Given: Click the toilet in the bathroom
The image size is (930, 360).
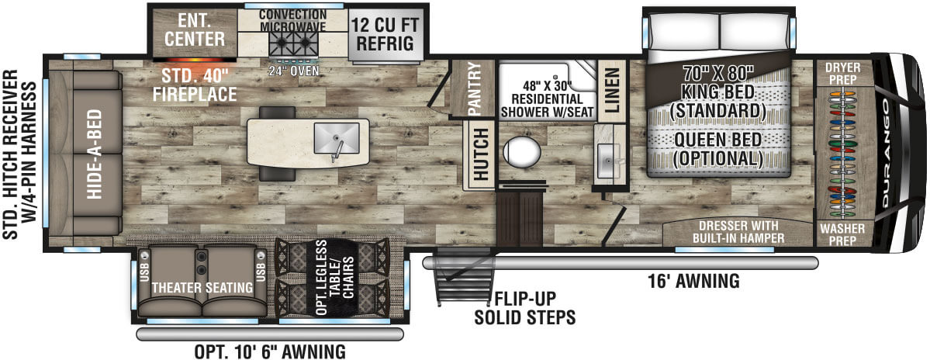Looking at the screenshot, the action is [x=522, y=151].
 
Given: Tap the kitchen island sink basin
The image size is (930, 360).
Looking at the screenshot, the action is [x=337, y=137].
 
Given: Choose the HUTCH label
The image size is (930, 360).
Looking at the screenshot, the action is [x=481, y=155].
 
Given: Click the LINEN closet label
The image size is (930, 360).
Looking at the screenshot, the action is [x=612, y=90].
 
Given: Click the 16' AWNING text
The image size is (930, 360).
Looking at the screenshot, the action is [x=694, y=281].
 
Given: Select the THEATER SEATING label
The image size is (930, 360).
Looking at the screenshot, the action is [x=202, y=288].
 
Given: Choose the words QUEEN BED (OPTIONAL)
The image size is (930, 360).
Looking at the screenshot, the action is [x=718, y=149].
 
